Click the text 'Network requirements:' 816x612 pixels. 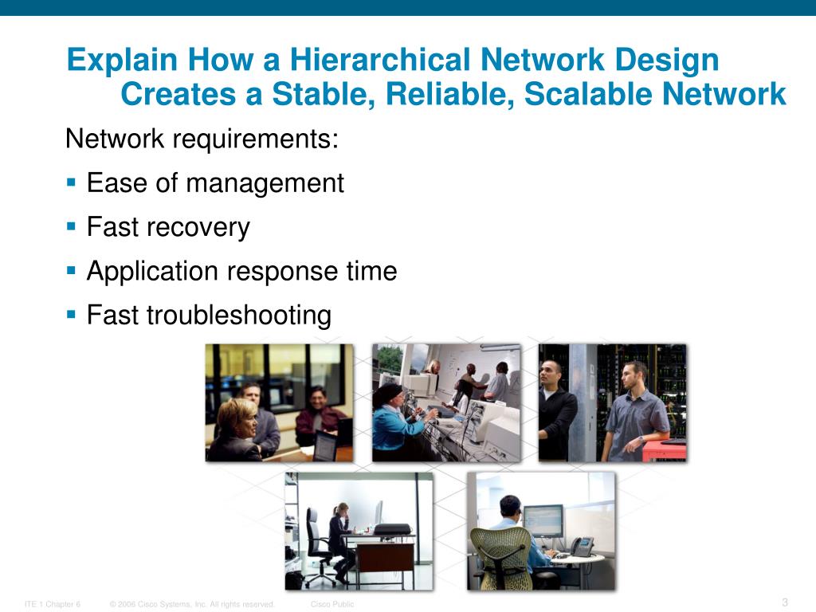point(202,139)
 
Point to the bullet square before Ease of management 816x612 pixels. point(70,182)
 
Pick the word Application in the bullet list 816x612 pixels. point(152,272)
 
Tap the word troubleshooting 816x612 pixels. point(238,316)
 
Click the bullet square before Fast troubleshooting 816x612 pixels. point(70,314)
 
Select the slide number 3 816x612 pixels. point(785,602)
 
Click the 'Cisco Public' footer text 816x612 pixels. point(332,604)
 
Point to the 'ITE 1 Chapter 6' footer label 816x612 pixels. point(53,604)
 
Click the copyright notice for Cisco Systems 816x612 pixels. point(192,604)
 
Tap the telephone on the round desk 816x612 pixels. point(582,546)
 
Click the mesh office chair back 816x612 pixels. point(500,550)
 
